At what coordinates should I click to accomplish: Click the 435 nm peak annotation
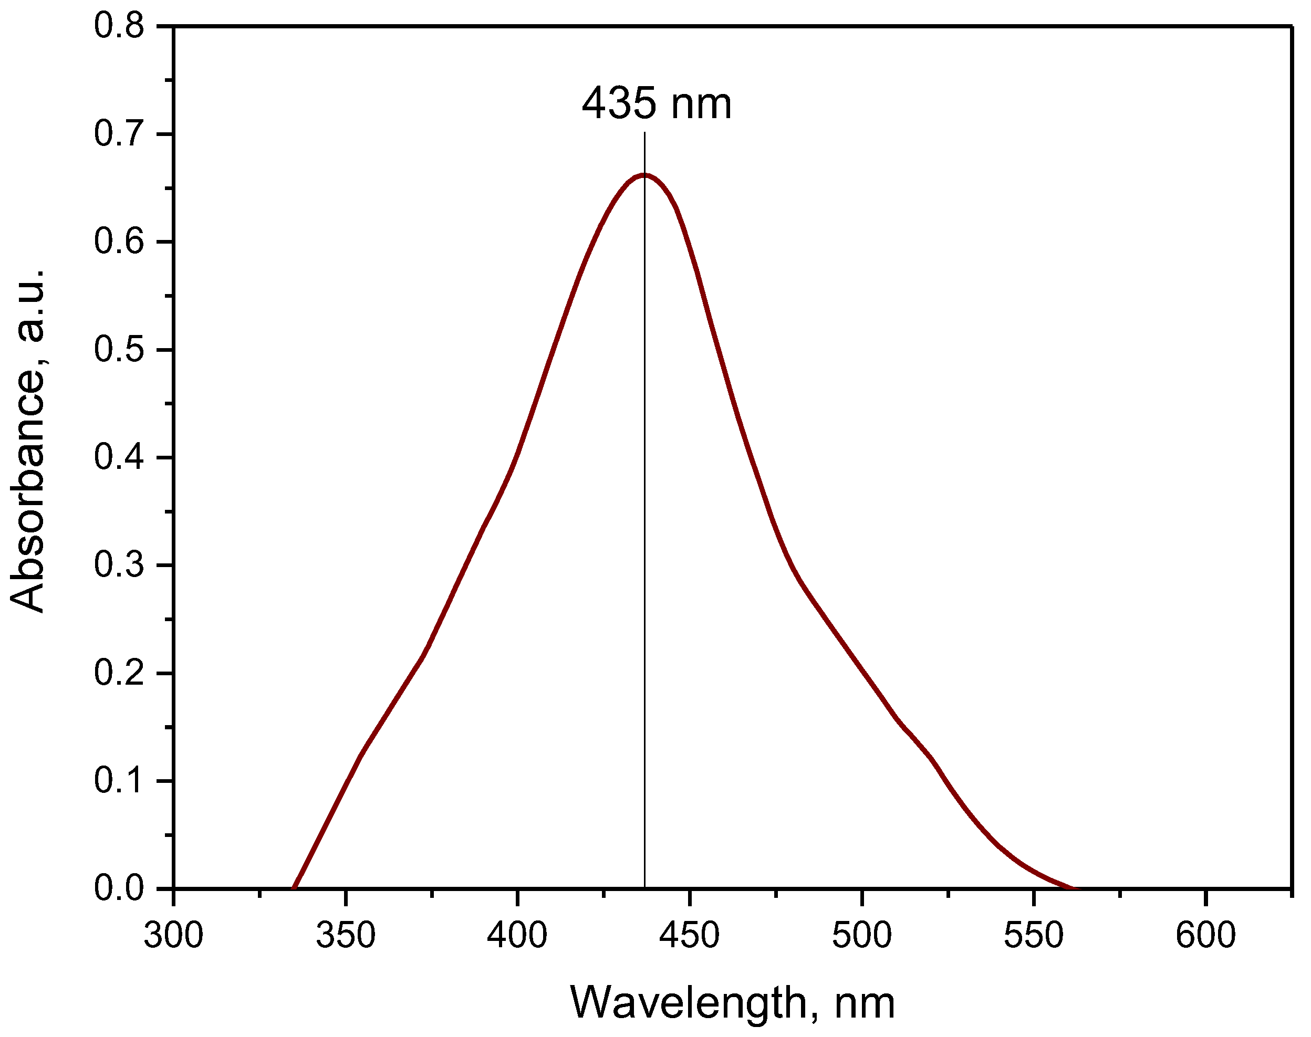click(x=657, y=104)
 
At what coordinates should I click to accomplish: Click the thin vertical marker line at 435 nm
click(x=644, y=547)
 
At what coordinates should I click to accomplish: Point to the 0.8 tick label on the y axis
click(x=119, y=26)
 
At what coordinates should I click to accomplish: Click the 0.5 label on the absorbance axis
click(x=119, y=350)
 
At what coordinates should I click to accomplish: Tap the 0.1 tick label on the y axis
click(x=119, y=781)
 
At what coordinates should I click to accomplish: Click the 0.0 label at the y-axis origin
click(x=119, y=888)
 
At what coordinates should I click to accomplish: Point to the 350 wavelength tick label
click(x=345, y=936)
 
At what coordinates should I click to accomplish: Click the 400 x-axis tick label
click(x=517, y=936)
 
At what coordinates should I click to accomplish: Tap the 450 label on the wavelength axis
click(x=689, y=936)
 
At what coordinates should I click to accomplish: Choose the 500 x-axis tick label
click(x=861, y=936)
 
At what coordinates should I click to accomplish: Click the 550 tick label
click(x=1034, y=936)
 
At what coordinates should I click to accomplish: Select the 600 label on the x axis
click(x=1205, y=936)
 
